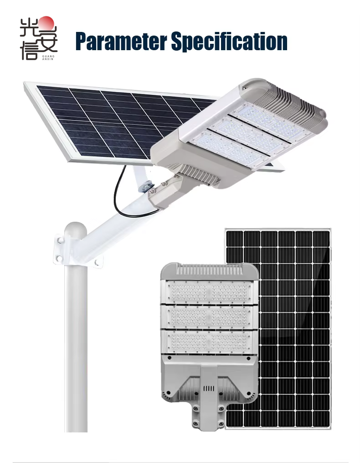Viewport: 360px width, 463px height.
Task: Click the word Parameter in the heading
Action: (x=121, y=42)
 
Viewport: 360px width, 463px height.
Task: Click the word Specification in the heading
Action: (x=229, y=42)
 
